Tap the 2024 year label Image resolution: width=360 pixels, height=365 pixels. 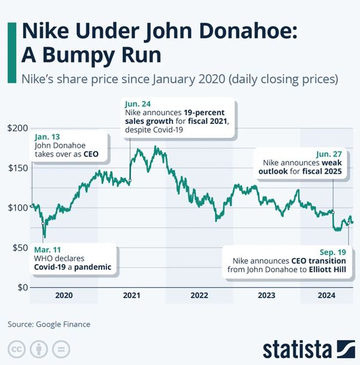325,295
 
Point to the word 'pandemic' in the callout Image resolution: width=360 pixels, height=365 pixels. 92,267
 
